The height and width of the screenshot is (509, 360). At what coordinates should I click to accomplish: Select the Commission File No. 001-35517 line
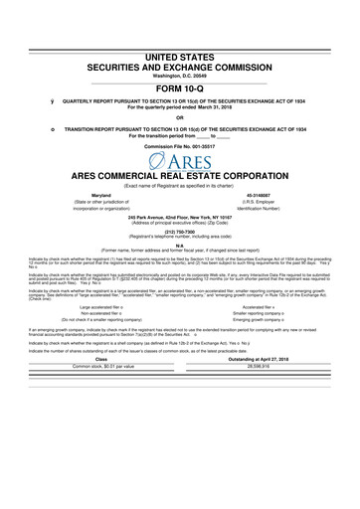(x=179, y=145)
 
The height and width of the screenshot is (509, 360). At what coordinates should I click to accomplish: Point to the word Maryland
(x=100, y=195)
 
